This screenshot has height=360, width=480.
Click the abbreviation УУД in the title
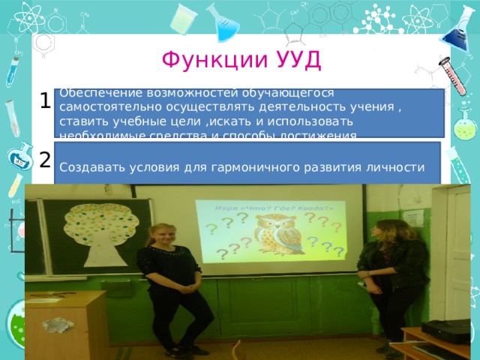click(x=298, y=58)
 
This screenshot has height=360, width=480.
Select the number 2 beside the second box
click(x=45, y=159)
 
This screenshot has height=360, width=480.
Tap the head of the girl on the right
click(x=388, y=226)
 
